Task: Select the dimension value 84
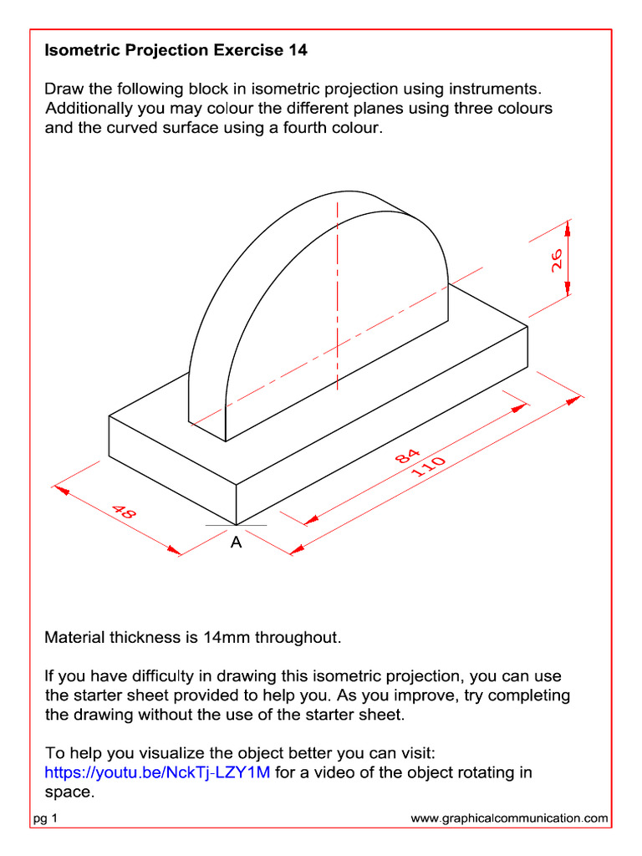tap(408, 456)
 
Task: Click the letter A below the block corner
tap(236, 543)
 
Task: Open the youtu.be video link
tap(157, 772)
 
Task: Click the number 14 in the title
tap(298, 50)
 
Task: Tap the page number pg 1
tap(45, 819)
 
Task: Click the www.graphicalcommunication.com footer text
tap(509, 819)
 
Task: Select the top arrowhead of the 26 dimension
tap(568, 227)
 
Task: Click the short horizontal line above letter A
tap(236, 525)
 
